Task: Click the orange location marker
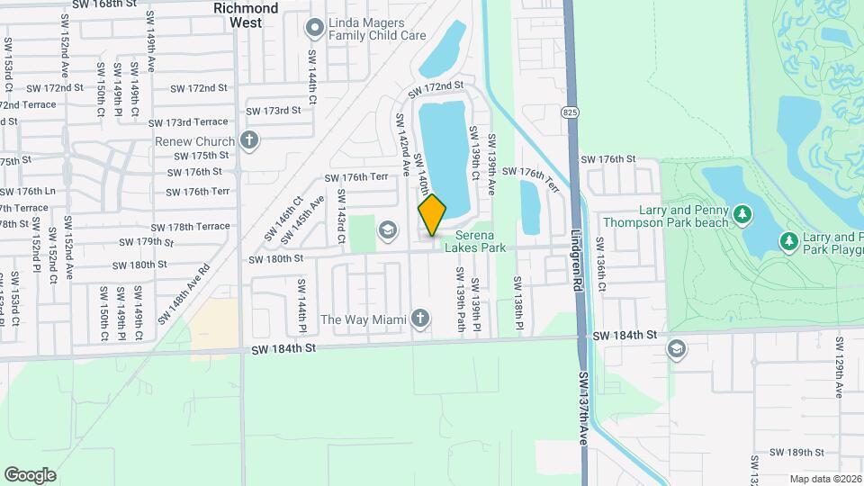[432, 214]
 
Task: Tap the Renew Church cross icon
[250, 140]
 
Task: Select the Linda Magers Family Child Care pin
[315, 27]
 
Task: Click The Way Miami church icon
[419, 319]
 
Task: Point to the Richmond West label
[246, 14]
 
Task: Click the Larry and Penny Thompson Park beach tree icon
[742, 214]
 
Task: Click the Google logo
[30, 474]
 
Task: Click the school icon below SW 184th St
[677, 349]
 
